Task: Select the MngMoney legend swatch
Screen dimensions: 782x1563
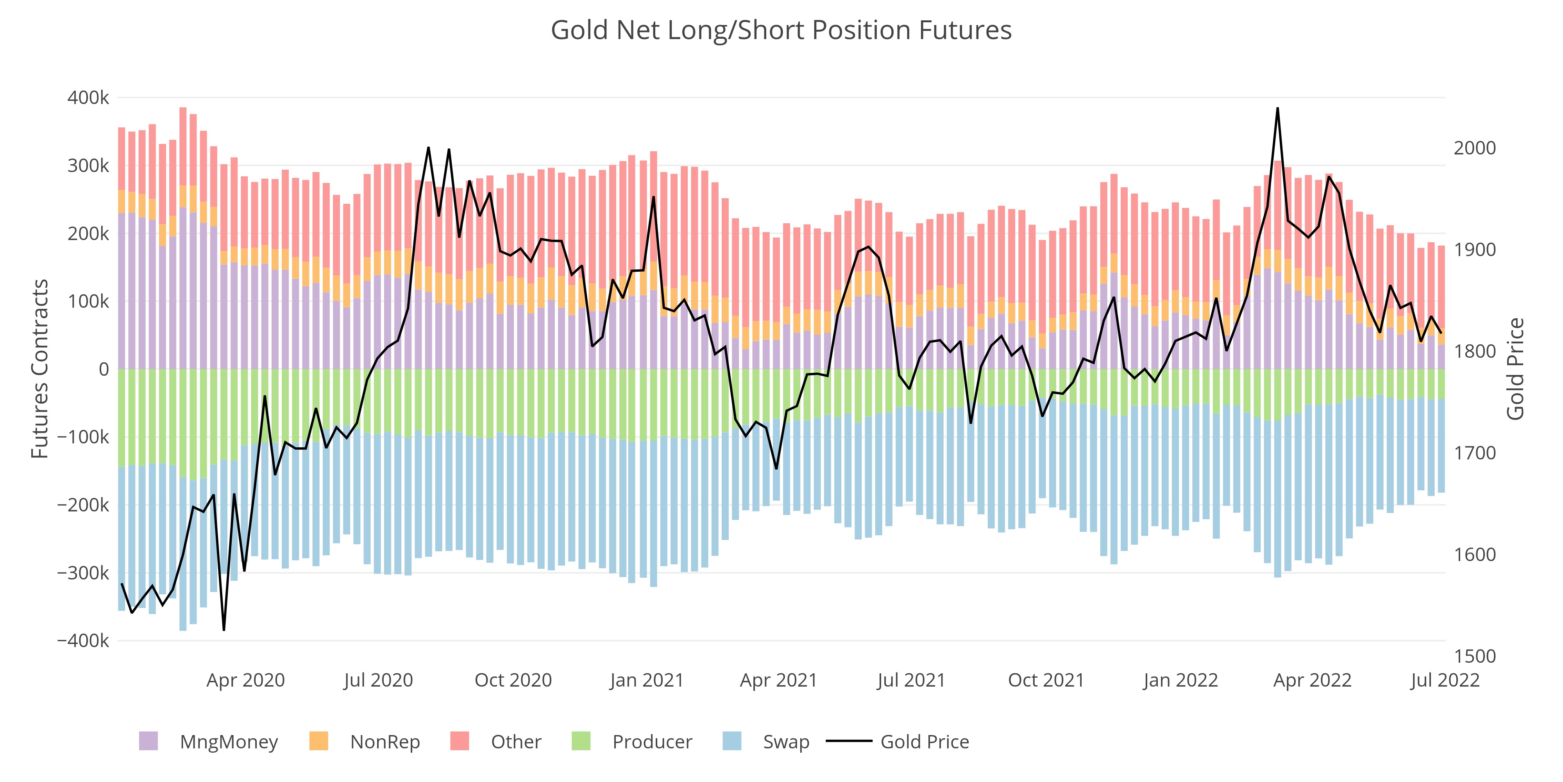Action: coord(148,741)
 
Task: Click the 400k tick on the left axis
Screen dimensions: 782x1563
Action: coord(88,98)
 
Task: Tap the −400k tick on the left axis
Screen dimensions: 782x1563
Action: coord(83,640)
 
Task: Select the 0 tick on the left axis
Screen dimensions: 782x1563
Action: coord(104,369)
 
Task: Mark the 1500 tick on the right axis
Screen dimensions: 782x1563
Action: coord(1474,656)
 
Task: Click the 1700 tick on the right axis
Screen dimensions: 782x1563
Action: coord(1474,453)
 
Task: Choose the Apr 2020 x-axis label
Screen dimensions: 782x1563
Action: coord(246,680)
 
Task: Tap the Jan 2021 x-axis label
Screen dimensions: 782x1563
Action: coord(647,680)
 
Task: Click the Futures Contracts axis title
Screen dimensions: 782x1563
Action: coord(40,369)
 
